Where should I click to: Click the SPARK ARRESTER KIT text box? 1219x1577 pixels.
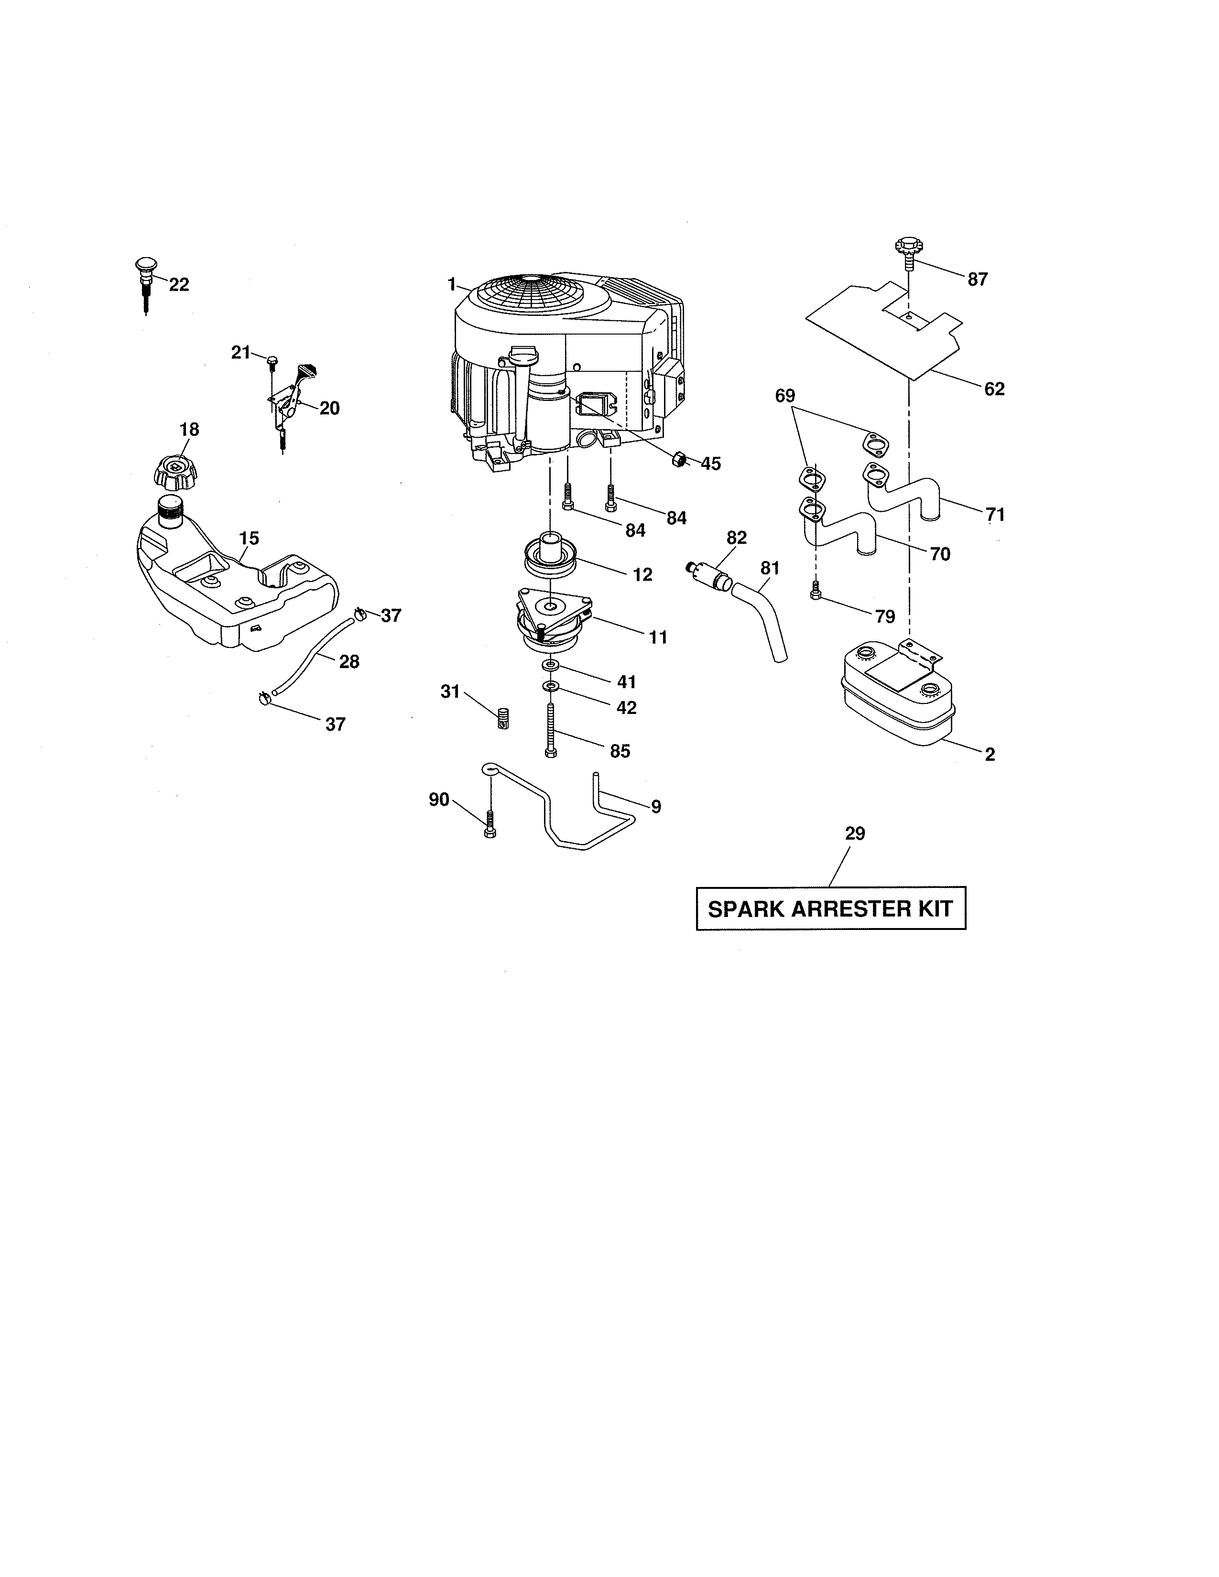pyautogui.click(x=830, y=908)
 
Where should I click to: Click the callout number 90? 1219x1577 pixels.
pyautogui.click(x=439, y=799)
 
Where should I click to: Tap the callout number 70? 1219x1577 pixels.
pyautogui.click(x=939, y=554)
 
